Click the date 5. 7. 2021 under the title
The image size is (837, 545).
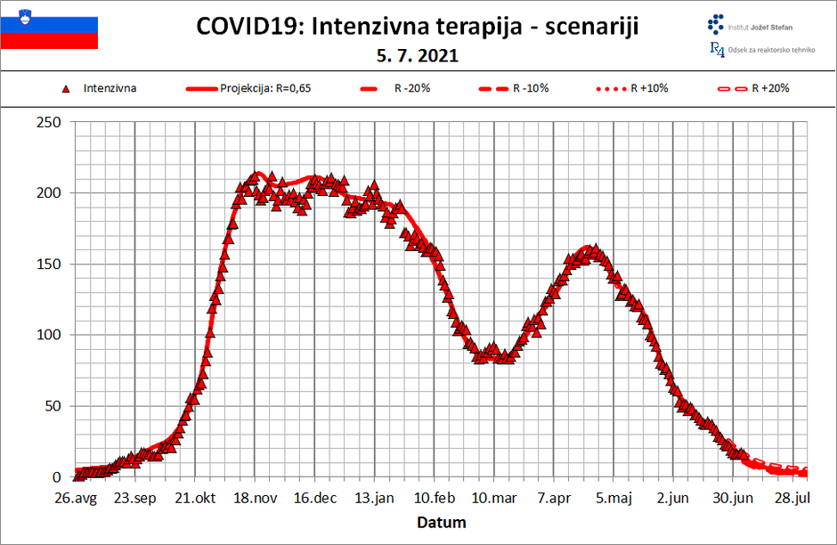418,56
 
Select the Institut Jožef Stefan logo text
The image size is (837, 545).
760,28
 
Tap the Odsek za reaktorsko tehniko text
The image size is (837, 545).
771,50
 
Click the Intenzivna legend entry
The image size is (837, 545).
110,88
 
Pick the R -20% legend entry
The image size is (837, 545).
409,88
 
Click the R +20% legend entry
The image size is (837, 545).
769,88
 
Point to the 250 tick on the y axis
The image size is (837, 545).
48,122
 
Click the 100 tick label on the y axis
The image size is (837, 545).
48,336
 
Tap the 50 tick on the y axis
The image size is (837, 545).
52,407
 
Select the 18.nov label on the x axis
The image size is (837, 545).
254,498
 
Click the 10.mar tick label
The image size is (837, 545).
494,498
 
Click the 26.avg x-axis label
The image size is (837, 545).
74,498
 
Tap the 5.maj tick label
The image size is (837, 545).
614,498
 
